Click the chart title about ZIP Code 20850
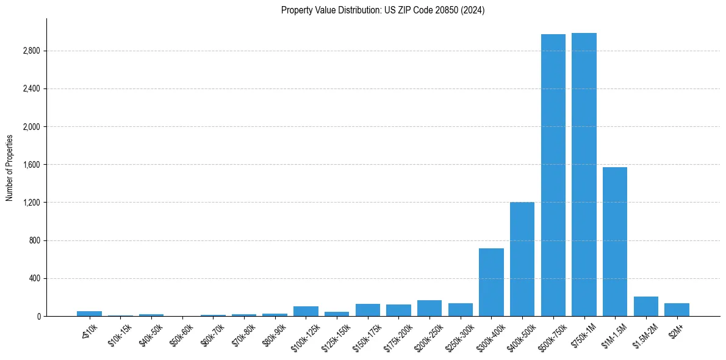pyautogui.click(x=383, y=10)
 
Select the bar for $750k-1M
pyautogui.click(x=584, y=175)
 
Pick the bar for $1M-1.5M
pyautogui.click(x=615, y=242)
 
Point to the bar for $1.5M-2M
pyautogui.click(x=645, y=306)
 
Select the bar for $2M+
pyautogui.click(x=677, y=310)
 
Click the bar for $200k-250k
pyautogui.click(x=429, y=308)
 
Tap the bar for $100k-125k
pyautogui.click(x=306, y=311)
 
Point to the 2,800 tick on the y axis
pyautogui.click(x=30, y=51)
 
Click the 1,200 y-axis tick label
pyautogui.click(x=30, y=203)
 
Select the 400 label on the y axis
pyautogui.click(x=34, y=278)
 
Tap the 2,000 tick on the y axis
pyautogui.click(x=30, y=127)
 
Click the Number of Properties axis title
pyautogui.click(x=10, y=167)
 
